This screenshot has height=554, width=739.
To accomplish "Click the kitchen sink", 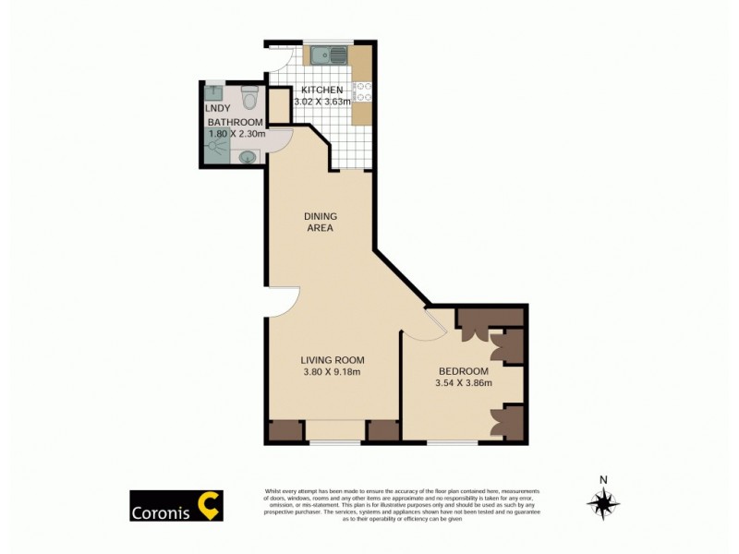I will tap(328, 56).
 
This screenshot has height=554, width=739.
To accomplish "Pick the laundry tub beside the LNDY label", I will tap(214, 92).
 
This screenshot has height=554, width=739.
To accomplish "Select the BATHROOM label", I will tap(235, 122).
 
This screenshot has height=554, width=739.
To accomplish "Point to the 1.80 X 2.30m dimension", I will tap(236, 134).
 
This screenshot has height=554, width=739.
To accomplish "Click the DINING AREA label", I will tap(320, 222).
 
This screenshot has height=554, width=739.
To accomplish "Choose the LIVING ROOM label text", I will tap(333, 360).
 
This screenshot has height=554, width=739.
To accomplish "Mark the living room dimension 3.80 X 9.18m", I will tap(333, 372).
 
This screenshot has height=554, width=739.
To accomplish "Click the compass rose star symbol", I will tap(603, 503).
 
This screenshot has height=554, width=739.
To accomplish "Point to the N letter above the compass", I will tap(603, 479).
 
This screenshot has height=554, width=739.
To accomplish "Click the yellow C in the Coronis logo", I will tap(211, 506).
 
